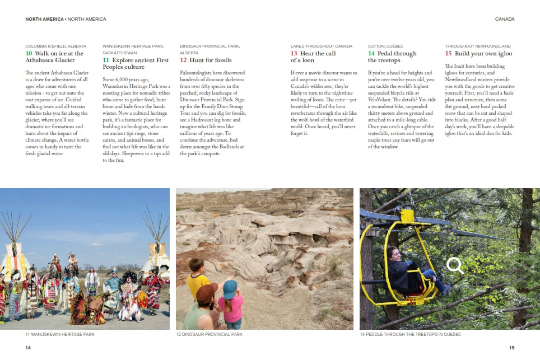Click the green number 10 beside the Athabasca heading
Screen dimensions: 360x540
(x=29, y=54)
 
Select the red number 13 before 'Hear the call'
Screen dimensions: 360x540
(x=294, y=54)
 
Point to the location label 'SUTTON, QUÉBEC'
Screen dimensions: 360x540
(x=385, y=46)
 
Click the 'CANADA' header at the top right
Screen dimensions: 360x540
(x=505, y=19)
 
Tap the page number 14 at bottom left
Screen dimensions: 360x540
(x=28, y=348)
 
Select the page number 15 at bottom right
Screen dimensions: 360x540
(x=511, y=348)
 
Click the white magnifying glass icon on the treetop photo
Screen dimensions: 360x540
(x=455, y=265)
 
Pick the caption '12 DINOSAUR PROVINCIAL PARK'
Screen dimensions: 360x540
(x=209, y=334)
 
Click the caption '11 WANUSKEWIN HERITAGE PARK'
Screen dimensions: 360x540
(x=60, y=334)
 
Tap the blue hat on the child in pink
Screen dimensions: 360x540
(x=230, y=288)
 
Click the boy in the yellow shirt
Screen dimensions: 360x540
(x=197, y=280)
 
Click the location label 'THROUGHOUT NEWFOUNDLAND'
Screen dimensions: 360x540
(x=477, y=46)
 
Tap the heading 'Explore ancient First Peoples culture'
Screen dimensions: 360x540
(x=136, y=63)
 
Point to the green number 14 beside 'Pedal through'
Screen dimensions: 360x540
(x=371, y=54)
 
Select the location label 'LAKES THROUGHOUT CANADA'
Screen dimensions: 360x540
(x=321, y=46)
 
